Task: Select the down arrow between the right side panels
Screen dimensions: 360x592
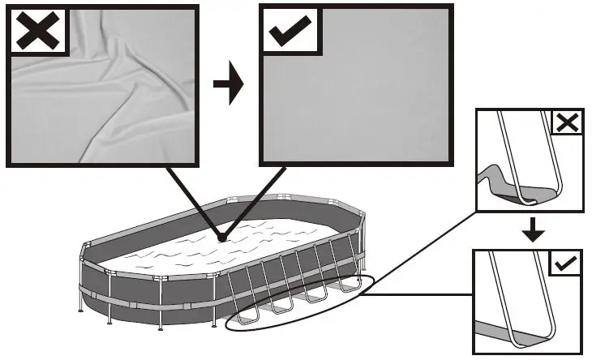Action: (x=531, y=230)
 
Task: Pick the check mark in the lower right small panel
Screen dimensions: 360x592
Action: (x=567, y=264)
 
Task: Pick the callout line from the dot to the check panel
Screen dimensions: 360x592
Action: (x=255, y=200)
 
